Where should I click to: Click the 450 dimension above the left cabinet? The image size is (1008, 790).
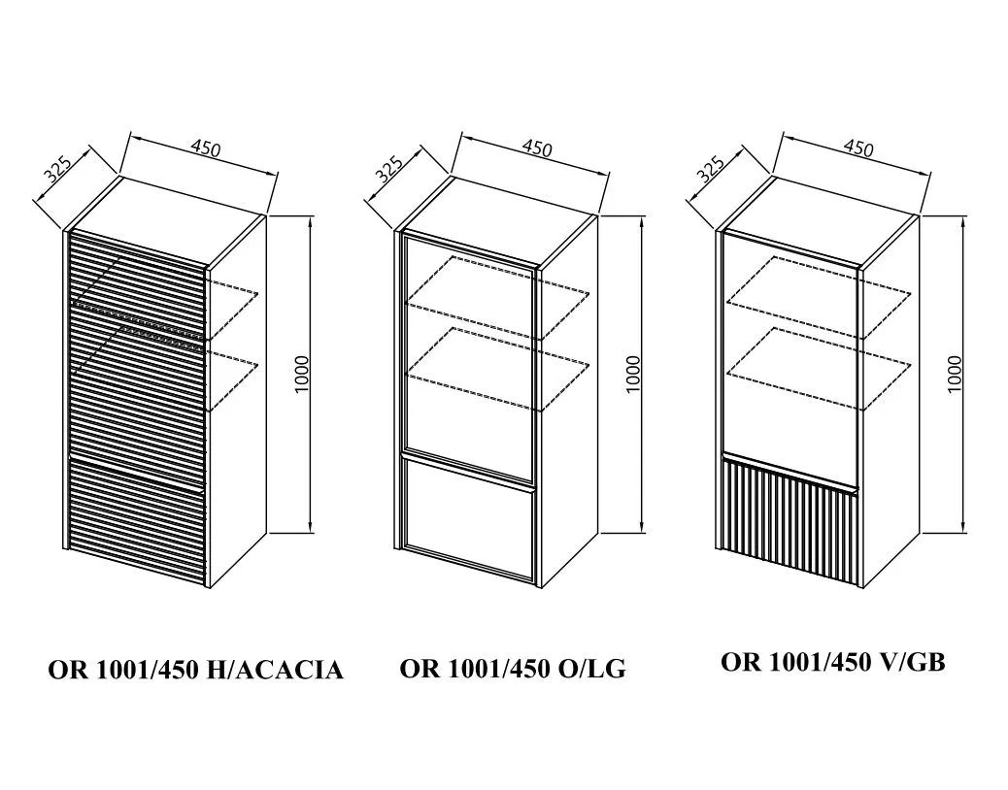[x=206, y=148]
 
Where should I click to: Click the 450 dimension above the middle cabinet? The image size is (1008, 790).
[x=537, y=148]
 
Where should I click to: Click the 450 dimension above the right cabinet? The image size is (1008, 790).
[x=858, y=148]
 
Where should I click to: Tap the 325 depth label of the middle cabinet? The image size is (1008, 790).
[x=389, y=169]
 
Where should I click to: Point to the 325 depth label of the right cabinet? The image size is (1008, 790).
[x=710, y=169]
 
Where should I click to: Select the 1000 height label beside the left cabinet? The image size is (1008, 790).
[x=302, y=375]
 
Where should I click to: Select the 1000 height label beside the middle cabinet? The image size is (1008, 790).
[x=633, y=375]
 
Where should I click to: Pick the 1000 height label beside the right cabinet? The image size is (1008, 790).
[x=955, y=375]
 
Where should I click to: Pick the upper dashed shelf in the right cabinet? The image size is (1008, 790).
[x=821, y=297]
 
